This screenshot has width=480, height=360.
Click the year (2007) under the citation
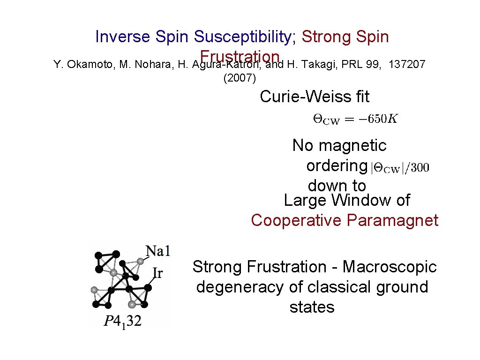[240, 78]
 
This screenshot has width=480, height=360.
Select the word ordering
[337, 166]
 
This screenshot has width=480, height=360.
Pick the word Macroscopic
[390, 267]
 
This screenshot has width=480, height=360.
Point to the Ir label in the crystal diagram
[158, 272]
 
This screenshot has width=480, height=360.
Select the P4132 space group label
[122, 321]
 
